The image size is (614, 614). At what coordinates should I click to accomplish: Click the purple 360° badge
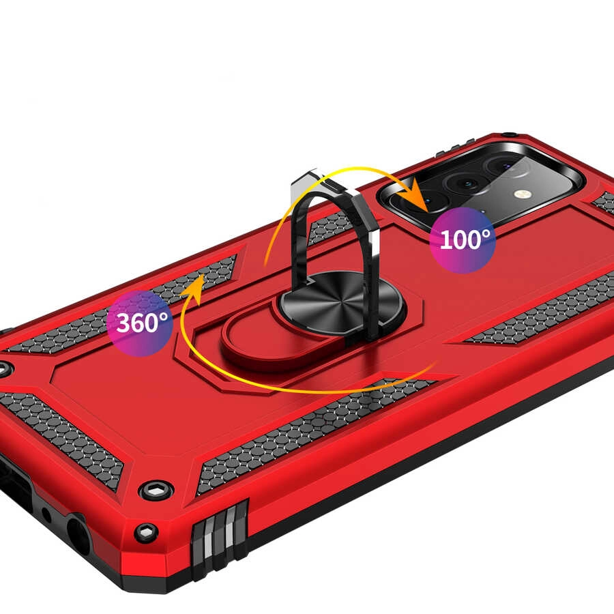click(x=140, y=323)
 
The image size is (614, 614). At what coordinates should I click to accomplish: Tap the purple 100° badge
click(x=463, y=239)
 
